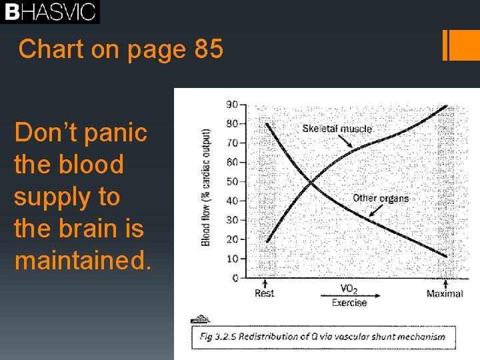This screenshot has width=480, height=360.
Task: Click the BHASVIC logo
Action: [50, 12]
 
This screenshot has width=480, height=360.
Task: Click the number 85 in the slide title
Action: [209, 49]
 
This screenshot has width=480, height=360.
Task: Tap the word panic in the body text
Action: [113, 133]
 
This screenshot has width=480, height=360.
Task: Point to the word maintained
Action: [83, 261]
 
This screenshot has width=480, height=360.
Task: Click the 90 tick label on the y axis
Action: [232, 104]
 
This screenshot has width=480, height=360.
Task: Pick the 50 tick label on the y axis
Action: [232, 181]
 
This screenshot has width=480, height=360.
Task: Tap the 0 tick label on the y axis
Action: [235, 278]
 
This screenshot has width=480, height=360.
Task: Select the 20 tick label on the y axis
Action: [232, 239]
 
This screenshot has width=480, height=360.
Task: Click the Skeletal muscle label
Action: [337, 128]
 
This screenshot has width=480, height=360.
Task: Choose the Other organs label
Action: [380, 198]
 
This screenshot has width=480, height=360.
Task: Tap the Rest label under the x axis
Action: [264, 293]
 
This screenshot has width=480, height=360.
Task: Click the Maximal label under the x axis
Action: [445, 293]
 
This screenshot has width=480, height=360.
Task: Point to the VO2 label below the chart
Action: [349, 289]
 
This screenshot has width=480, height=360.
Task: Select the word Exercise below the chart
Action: [349, 303]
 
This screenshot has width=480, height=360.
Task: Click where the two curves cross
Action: [311, 182]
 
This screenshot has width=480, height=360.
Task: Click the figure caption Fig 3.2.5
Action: [323, 337]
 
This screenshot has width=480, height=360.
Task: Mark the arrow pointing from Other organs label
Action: [374, 211]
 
